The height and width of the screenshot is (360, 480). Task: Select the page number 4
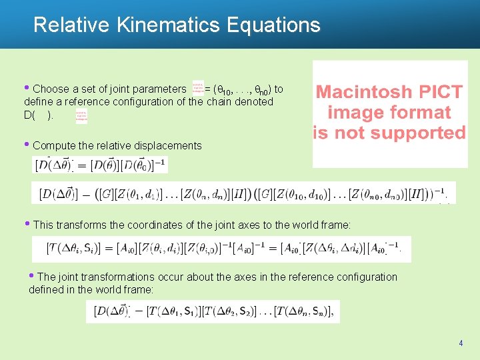tap(461, 343)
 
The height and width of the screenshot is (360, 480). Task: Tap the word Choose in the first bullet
tap(50, 89)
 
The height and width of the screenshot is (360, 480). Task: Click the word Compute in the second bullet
tap(53, 145)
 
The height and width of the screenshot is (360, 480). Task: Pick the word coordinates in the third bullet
tap(145, 225)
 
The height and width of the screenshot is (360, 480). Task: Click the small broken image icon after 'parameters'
tap(198, 87)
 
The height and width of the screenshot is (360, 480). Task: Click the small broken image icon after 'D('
tap(81, 117)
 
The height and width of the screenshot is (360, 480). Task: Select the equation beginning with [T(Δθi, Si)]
tap(223, 249)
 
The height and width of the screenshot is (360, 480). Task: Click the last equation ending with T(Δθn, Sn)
tap(213, 311)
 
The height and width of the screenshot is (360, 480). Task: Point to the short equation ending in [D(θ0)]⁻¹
tap(101, 164)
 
